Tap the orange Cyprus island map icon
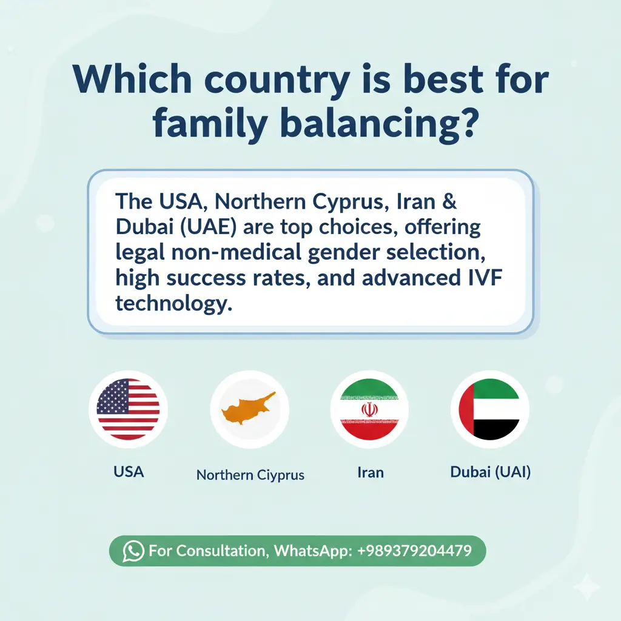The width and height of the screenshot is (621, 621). pos(248,408)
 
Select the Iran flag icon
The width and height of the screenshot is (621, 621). pos(369,409)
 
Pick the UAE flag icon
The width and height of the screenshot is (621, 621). pos(489,409)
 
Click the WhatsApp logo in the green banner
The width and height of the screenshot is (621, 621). pos(133,551)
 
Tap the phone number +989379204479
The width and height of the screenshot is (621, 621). pos(415,551)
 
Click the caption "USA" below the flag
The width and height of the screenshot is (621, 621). pos(129,471)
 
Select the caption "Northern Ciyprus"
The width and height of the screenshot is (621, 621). pos(250,474)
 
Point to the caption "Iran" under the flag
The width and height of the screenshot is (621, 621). pos(371,471)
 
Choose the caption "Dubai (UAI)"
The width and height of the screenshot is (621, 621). pos(491,471)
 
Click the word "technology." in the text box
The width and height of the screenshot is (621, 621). pos(174,303)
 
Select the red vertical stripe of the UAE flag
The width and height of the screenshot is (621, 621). pos(466,409)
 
